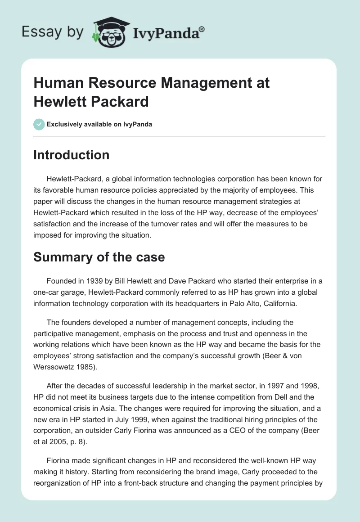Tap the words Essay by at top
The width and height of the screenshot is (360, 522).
53,32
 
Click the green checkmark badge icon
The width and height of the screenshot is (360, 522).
39,124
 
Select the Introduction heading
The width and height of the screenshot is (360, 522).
72,155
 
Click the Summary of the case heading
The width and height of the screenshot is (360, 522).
99,257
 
